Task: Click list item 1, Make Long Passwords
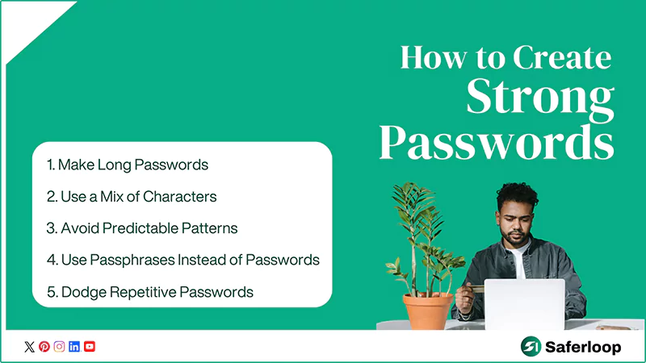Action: [128, 165]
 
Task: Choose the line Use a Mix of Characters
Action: [132, 196]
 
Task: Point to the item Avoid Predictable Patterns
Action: [142, 227]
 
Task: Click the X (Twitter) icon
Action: [30, 347]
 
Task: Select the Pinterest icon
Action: [44, 347]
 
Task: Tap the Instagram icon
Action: [59, 347]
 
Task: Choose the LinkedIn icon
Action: [74, 347]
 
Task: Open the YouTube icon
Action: [90, 347]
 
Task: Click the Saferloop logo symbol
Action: [531, 346]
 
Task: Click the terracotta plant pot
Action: [428, 311]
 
